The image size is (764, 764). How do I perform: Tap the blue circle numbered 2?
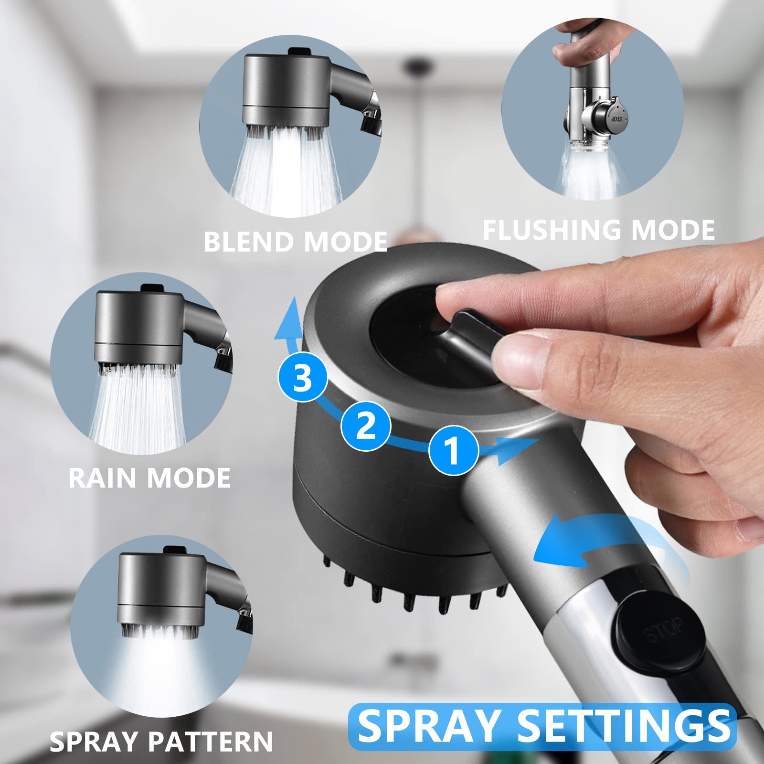[x=366, y=426]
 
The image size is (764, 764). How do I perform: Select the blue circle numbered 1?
[x=453, y=450]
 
